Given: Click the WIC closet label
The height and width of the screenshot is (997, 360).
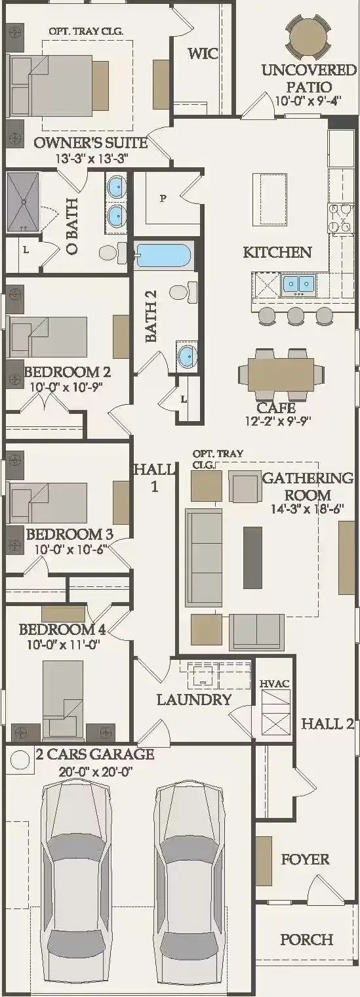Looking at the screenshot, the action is tap(203, 53).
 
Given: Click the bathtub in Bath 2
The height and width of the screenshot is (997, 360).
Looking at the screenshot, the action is tap(163, 256).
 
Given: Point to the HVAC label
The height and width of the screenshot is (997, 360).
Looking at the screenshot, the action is tap(275, 683).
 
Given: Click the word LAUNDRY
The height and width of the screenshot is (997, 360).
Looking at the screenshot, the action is tap(194, 700).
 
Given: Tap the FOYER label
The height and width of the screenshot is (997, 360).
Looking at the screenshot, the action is tap(306, 859).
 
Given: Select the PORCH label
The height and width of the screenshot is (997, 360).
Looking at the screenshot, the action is tap(307, 939).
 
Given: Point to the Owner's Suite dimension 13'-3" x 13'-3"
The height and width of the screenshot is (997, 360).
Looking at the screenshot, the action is tap(92, 158).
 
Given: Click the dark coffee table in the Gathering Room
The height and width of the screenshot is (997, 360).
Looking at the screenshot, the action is tap(252, 557).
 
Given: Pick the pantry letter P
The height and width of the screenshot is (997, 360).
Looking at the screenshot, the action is tap(163, 199).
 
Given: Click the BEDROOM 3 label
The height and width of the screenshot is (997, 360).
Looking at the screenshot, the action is tap(70, 534).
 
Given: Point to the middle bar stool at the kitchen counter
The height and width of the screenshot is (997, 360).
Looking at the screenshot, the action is tap(296, 315).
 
